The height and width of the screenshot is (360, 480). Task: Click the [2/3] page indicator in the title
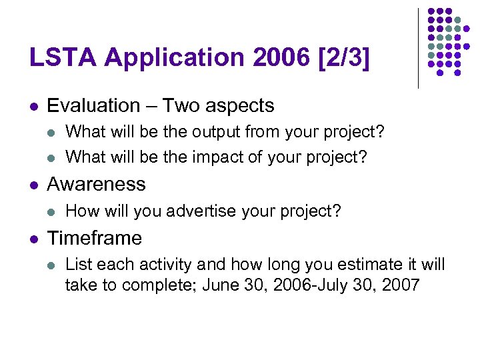point(346,59)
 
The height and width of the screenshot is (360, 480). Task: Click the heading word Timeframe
point(95,238)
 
